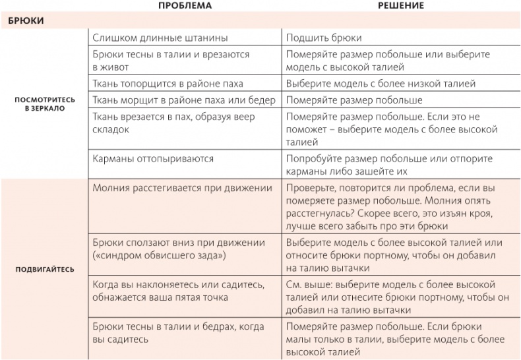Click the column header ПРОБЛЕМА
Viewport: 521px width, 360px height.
(185, 5)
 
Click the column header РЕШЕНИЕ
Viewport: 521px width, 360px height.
(400, 5)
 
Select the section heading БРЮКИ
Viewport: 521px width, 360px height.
(26, 21)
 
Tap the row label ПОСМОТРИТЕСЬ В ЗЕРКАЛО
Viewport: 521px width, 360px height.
(45, 104)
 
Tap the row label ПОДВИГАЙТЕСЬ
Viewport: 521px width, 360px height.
(45, 270)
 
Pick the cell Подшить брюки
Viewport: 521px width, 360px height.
(324, 38)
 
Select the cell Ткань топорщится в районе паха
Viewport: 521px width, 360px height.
(168, 84)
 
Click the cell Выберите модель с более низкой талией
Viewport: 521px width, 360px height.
(381, 84)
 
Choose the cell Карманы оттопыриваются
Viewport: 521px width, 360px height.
(153, 159)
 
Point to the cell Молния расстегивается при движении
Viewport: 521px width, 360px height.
(182, 188)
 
